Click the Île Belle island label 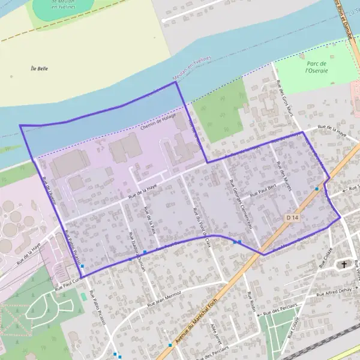(39, 68)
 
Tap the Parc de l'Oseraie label (315, 67)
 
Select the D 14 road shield (292, 217)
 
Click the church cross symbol (344, 264)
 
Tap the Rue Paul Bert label (263, 191)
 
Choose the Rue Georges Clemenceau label (239, 203)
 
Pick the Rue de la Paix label (150, 220)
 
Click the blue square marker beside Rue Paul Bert (317, 188)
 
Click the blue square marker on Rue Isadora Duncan (145, 252)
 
